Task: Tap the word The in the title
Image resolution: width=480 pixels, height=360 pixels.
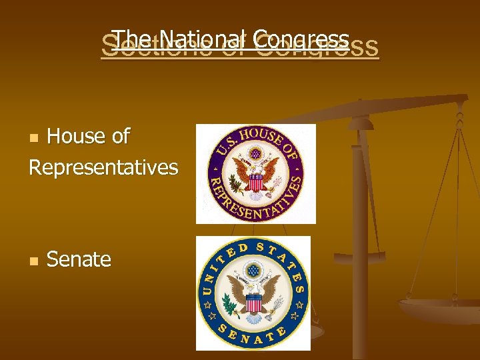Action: point(134,39)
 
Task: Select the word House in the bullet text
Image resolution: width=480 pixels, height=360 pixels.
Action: point(75,136)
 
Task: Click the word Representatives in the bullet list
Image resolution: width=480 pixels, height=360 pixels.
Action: point(103,167)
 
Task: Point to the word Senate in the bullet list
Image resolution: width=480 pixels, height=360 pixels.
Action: point(79,259)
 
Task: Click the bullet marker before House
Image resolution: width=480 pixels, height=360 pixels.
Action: point(35,138)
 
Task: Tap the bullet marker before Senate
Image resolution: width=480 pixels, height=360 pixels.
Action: point(35,261)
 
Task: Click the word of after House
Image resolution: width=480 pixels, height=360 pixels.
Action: point(118,136)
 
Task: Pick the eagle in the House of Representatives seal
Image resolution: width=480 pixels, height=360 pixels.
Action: point(255,175)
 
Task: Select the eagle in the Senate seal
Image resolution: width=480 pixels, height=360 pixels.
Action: point(253,294)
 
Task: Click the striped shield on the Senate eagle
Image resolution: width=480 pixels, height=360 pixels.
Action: point(253,302)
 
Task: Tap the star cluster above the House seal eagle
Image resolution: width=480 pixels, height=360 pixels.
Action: point(255,154)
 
